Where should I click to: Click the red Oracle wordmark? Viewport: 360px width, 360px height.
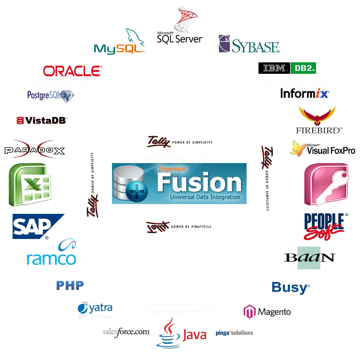coord(72,71)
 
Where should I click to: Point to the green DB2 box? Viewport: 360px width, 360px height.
coord(303,68)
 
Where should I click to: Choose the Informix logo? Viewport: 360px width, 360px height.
coord(305,94)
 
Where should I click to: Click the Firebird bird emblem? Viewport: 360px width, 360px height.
coord(317,115)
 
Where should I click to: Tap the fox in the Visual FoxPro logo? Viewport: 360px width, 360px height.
coord(298,148)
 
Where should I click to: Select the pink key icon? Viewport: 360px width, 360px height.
coord(326,184)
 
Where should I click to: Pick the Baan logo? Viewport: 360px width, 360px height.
coord(309,258)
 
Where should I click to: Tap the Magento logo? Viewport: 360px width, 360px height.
coord(267,312)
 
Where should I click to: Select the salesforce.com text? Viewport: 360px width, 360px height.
coord(126,332)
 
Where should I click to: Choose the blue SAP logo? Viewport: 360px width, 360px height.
coord(36,226)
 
